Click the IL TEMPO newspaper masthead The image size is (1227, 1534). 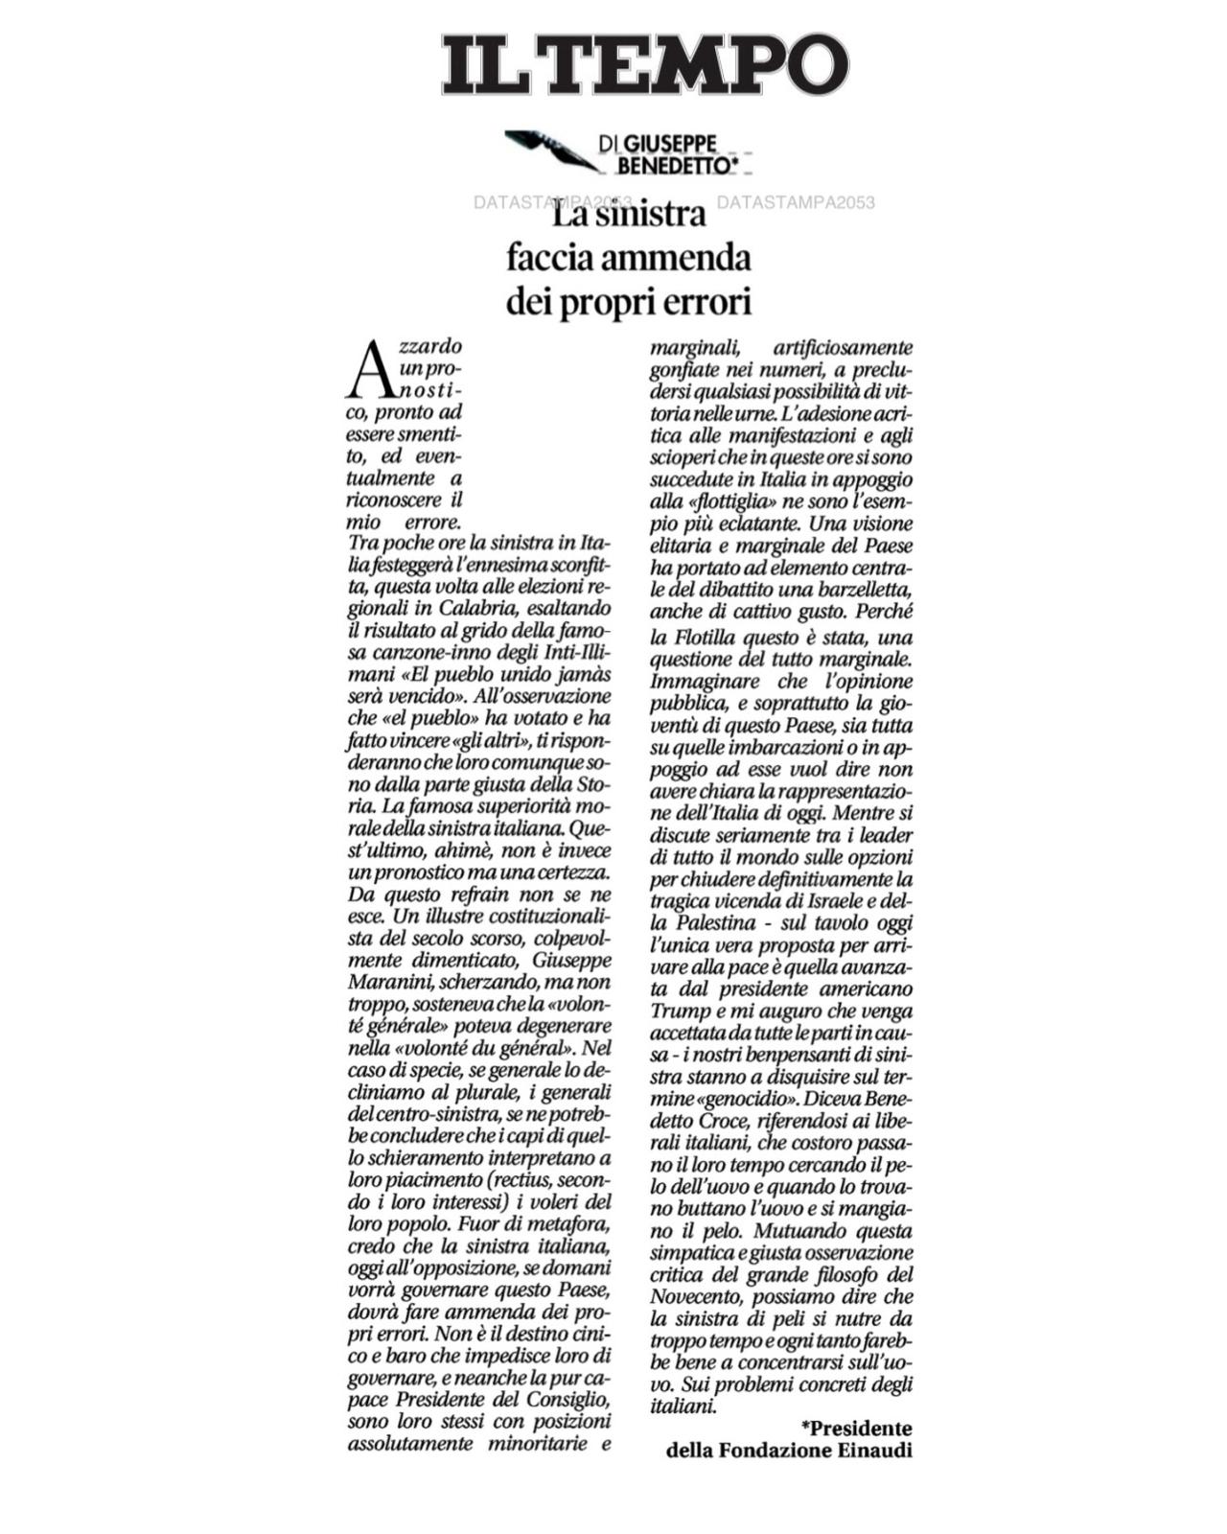click(644, 64)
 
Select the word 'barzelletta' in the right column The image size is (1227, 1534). click(863, 588)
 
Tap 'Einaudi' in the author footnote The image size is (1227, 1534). click(874, 1451)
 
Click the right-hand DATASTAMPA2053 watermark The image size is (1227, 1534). click(796, 202)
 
